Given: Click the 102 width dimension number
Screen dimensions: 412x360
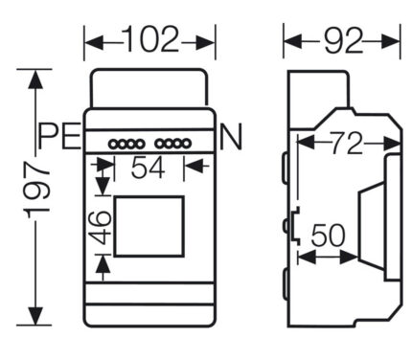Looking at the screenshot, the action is (150, 39).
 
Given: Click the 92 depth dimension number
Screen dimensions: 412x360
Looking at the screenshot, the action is (343, 40).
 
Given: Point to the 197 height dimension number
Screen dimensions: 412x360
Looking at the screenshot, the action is (37, 190).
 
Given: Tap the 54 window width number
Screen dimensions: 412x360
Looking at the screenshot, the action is (148, 168).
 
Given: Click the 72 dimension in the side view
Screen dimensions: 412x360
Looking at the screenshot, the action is (346, 144).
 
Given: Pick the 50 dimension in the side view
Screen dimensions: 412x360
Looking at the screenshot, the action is (328, 236).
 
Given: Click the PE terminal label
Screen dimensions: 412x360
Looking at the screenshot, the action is (59, 136).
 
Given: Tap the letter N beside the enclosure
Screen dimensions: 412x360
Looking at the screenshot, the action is (231, 136).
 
